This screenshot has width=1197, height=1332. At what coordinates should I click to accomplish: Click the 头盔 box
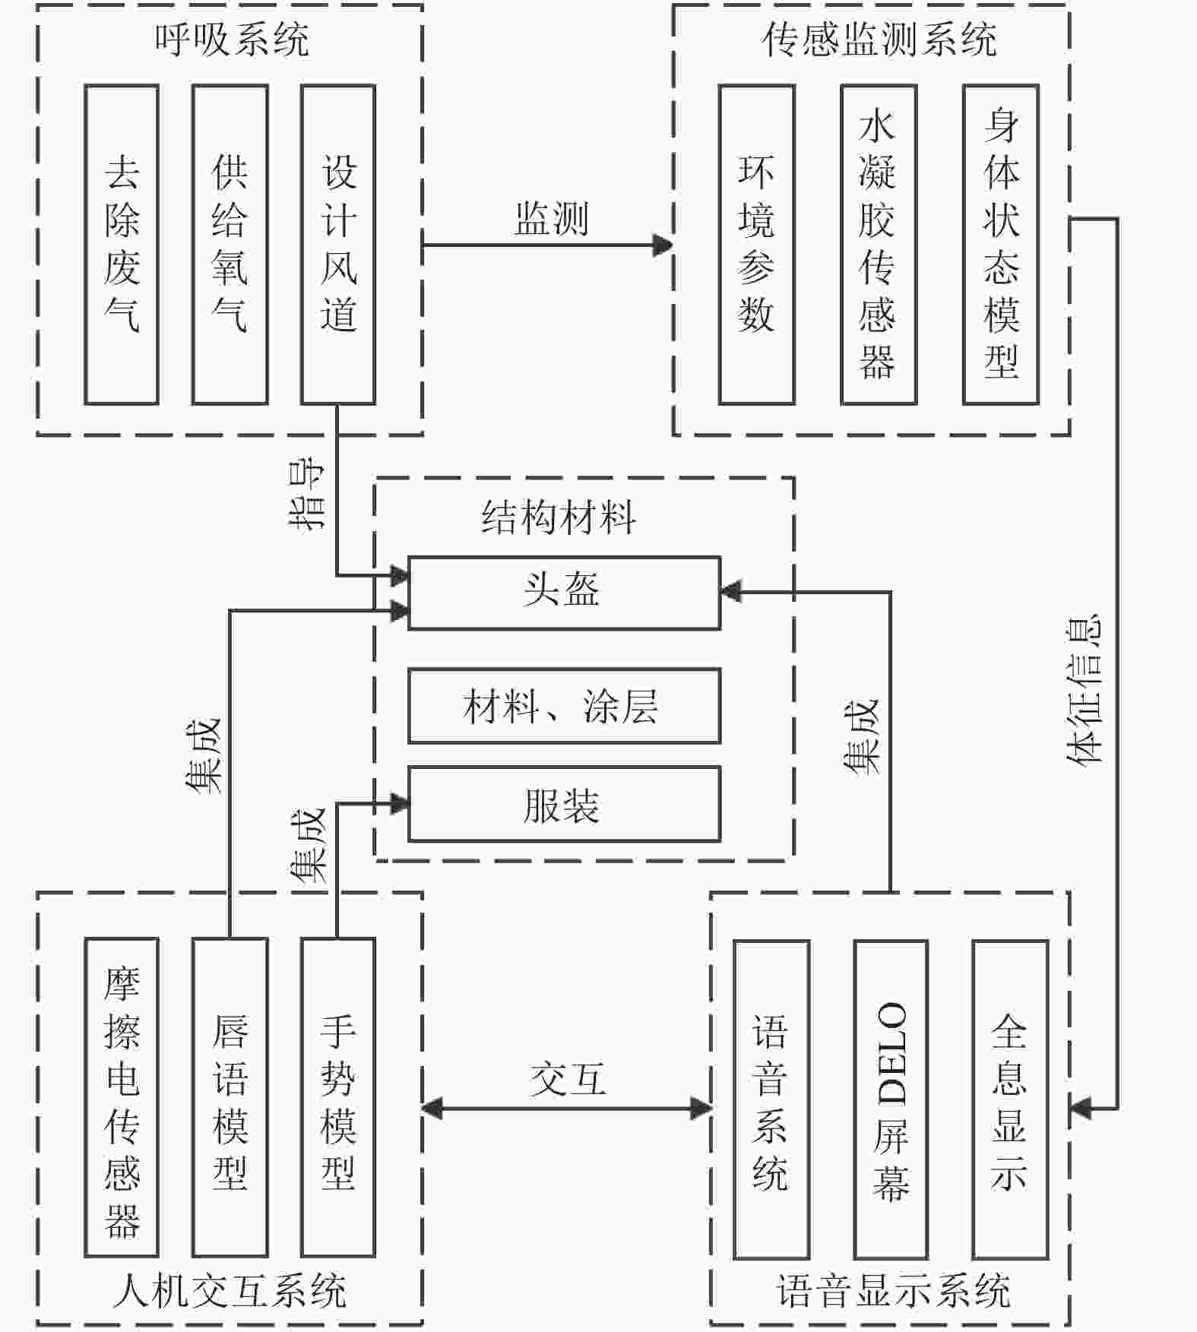564,593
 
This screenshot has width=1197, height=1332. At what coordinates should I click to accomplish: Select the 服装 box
564,804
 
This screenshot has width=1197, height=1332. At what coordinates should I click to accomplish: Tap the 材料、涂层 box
564,705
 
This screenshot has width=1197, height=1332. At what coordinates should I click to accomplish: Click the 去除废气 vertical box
122,244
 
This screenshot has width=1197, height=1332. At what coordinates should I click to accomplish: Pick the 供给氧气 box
230,244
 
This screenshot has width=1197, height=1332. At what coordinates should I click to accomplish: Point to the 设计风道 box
338,244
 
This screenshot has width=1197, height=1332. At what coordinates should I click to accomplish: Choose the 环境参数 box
756,244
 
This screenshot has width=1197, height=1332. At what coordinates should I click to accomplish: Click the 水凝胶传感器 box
878,244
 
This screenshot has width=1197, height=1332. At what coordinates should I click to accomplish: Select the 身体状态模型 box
1000,244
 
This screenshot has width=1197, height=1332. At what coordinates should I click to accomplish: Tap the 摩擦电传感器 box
122,1097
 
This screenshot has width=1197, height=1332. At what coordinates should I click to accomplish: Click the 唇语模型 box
230,1097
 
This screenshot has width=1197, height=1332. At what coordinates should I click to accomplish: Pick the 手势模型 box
338,1097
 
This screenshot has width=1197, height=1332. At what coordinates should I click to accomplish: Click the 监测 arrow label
551,220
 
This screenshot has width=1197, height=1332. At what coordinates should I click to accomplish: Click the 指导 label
307,495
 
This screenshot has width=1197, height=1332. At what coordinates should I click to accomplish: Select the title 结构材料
559,517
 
